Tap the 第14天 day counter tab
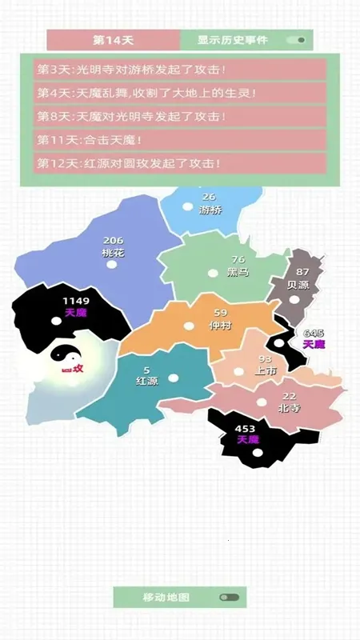[113, 39]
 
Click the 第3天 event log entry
[181, 70]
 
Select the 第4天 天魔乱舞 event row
[181, 93]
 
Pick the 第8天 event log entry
[181, 117]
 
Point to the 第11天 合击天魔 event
[181, 140]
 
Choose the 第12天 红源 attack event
[181, 163]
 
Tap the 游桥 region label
[210, 210]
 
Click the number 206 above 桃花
[114, 240]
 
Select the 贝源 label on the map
[298, 284]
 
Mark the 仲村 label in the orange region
[220, 326]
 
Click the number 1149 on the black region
[76, 301]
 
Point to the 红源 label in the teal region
[147, 381]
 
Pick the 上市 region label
[266, 371]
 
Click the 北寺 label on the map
[289, 408]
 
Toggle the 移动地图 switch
[229, 597]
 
